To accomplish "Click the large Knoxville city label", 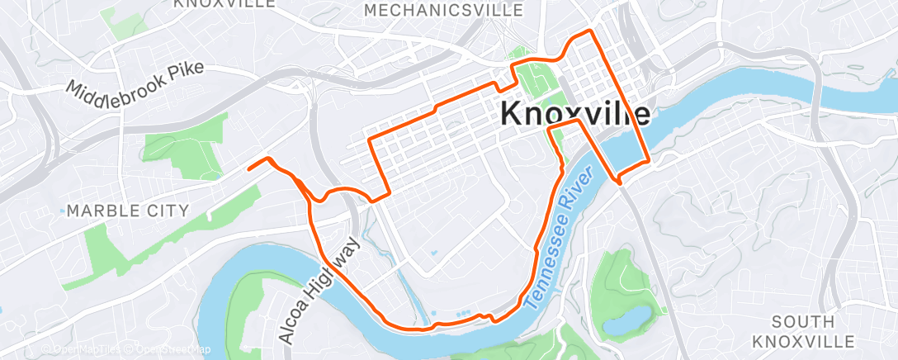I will click(x=575, y=115).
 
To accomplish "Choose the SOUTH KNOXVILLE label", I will click(x=815, y=330).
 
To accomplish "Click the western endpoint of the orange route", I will click(x=249, y=168).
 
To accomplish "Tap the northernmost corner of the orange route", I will click(x=588, y=31).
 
